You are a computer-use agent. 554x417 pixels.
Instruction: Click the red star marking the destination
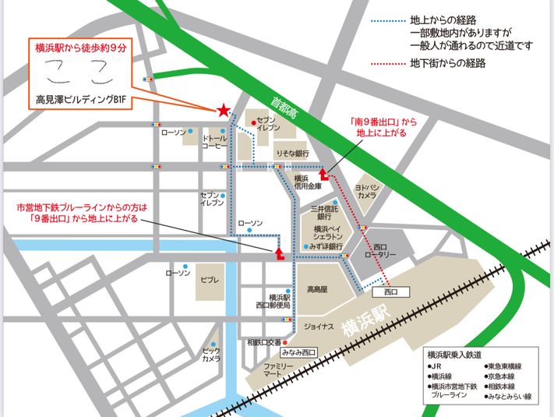click(x=224, y=111)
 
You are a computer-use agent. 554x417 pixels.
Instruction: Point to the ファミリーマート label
click(x=277, y=369)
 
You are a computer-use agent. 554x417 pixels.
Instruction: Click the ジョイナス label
click(x=319, y=327)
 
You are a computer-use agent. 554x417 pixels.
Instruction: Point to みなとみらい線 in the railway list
click(x=510, y=396)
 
